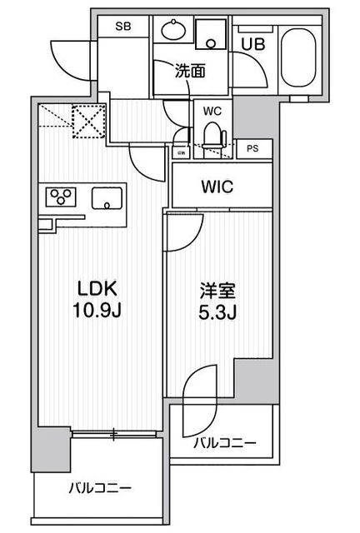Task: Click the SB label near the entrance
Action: tap(123, 27)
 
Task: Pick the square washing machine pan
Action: tap(212, 33)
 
